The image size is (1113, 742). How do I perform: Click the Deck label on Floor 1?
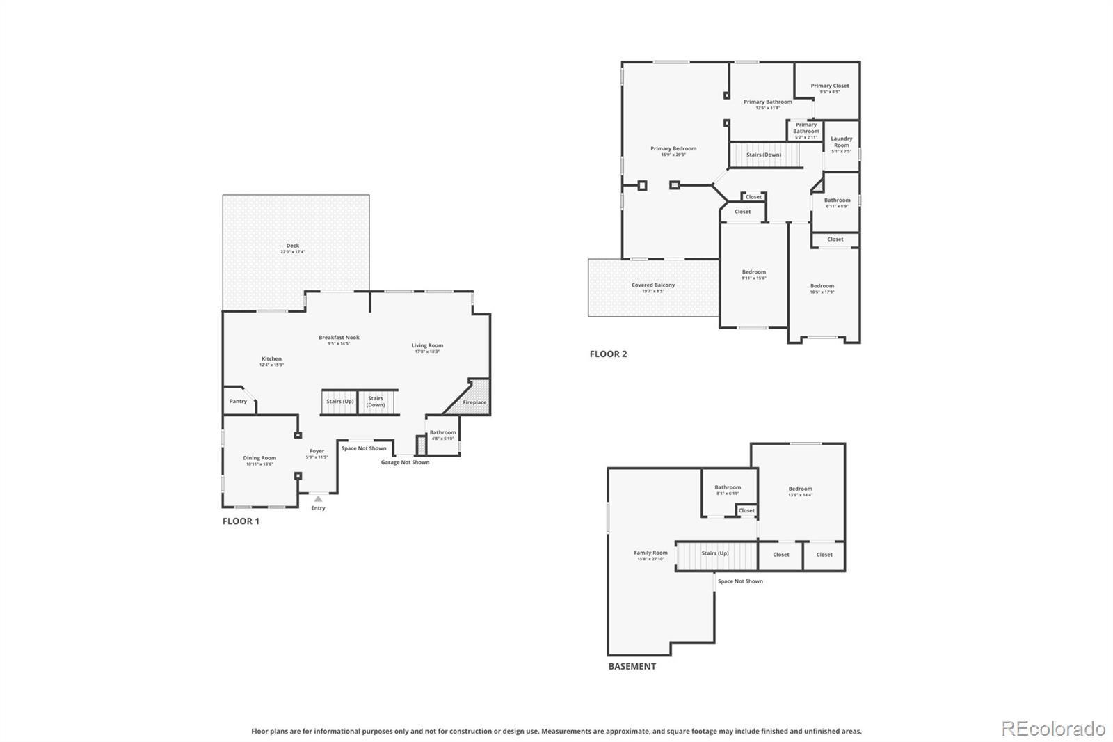(x=293, y=246)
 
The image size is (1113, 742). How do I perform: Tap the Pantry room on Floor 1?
(x=238, y=402)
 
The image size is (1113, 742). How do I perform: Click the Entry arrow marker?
(x=318, y=498)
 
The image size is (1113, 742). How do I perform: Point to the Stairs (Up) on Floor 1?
(x=339, y=402)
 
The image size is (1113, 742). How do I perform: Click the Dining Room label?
(x=259, y=459)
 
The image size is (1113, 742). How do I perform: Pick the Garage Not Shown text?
(x=405, y=462)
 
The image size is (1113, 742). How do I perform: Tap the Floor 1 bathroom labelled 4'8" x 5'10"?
(x=442, y=435)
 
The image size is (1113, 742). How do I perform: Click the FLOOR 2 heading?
(x=608, y=354)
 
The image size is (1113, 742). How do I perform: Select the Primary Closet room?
(x=829, y=88)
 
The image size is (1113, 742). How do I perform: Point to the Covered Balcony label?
(x=652, y=285)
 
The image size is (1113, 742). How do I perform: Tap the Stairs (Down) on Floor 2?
(x=764, y=155)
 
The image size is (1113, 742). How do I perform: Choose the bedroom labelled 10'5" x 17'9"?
(x=822, y=287)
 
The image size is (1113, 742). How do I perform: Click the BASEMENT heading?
(x=632, y=666)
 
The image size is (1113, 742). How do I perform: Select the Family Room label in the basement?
(x=650, y=553)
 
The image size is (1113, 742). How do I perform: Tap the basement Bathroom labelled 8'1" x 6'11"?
(x=728, y=489)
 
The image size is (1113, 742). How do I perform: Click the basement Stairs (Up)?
(x=715, y=554)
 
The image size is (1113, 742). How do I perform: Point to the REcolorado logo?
(x=1053, y=729)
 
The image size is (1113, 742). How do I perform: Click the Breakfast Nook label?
(x=339, y=338)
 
